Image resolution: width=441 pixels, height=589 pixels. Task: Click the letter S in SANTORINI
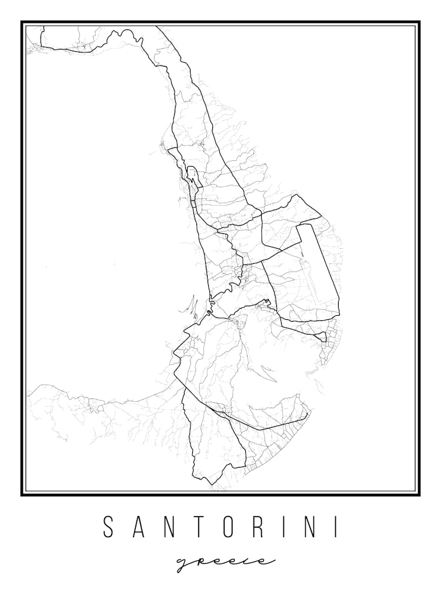(108, 527)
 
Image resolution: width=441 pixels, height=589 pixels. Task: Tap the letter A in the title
(139, 527)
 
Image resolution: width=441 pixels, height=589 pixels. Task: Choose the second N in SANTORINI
(314, 527)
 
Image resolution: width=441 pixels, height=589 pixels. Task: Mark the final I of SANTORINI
(338, 527)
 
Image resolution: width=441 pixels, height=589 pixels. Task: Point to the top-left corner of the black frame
(22, 22)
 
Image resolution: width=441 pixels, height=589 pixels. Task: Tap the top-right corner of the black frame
(419, 22)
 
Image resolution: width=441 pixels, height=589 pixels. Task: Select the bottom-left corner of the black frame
(22, 494)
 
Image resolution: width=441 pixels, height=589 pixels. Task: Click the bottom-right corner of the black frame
(419, 494)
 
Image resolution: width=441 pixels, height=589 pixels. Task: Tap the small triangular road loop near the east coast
(321, 337)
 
